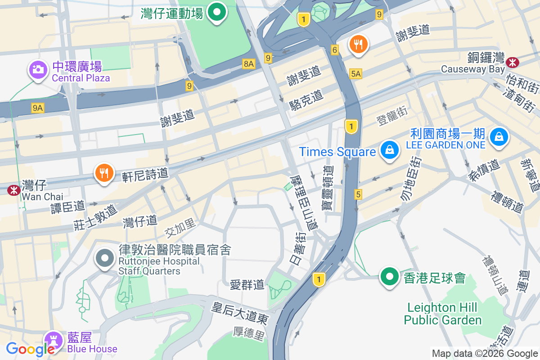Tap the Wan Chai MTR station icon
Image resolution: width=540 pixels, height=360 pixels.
(13, 191)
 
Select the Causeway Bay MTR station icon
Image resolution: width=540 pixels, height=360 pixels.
(512, 62)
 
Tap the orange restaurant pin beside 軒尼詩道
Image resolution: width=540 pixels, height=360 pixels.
(104, 173)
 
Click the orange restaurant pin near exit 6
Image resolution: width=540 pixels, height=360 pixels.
(358, 44)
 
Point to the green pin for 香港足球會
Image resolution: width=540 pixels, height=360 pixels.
(389, 276)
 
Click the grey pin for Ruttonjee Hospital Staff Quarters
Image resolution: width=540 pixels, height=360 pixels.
(106, 258)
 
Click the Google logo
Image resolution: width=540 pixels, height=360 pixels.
(30, 348)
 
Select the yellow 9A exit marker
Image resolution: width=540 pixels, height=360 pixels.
(38, 108)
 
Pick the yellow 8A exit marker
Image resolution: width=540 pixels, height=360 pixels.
(249, 64)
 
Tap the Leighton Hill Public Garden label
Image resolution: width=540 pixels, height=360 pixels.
(442, 314)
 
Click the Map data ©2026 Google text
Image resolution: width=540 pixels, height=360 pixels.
(485, 354)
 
